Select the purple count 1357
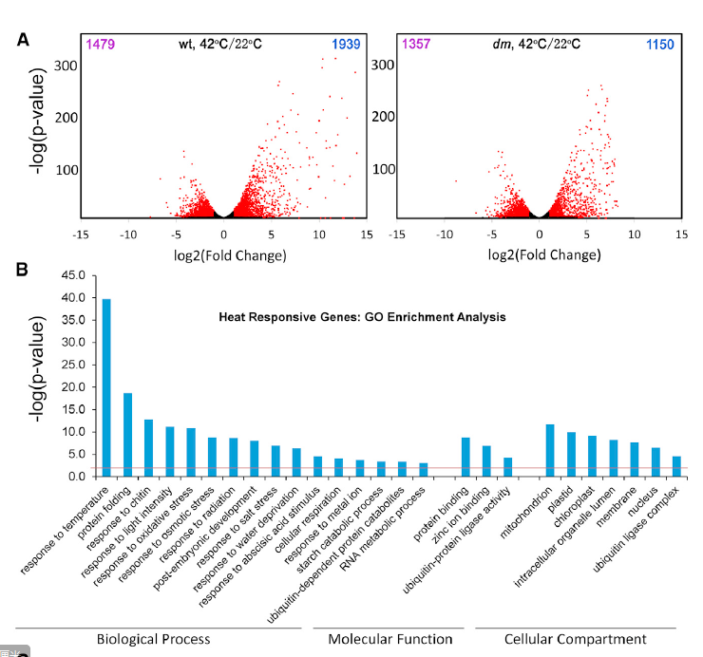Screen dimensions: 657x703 [x=416, y=44]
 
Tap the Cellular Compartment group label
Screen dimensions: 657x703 [x=576, y=639]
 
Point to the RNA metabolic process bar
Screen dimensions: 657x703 [x=423, y=469]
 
